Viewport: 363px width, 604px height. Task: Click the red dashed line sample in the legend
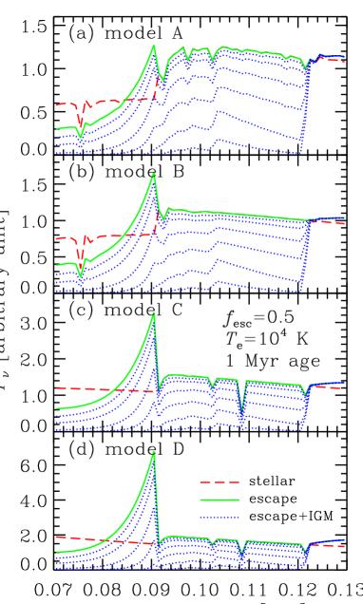coord(219,482)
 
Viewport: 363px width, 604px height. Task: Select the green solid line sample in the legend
coord(219,500)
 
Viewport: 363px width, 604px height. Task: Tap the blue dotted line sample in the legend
coord(219,517)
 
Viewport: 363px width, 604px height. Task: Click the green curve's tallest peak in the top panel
coord(154,46)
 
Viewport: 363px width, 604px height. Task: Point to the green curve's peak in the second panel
coord(154,175)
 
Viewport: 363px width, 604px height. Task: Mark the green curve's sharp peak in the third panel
coord(154,313)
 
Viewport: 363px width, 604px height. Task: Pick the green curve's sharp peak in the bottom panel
coord(154,452)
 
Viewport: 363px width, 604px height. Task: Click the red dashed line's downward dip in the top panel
coord(80,122)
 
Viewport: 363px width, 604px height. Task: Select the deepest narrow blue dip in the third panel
coord(242,419)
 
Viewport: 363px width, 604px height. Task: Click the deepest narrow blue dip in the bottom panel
coord(242,557)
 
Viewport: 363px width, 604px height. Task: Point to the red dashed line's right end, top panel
coord(344,62)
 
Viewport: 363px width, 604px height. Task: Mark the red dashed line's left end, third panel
coord(56,388)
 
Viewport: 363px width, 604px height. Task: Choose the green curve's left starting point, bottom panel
coord(56,552)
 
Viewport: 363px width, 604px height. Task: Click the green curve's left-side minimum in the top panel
coord(80,137)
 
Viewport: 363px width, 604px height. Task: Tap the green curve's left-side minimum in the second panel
coord(80,275)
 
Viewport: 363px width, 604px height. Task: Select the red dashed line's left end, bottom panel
coord(56,537)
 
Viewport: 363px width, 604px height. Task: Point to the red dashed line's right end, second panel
coord(344,223)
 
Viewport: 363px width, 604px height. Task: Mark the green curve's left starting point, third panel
coord(56,408)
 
